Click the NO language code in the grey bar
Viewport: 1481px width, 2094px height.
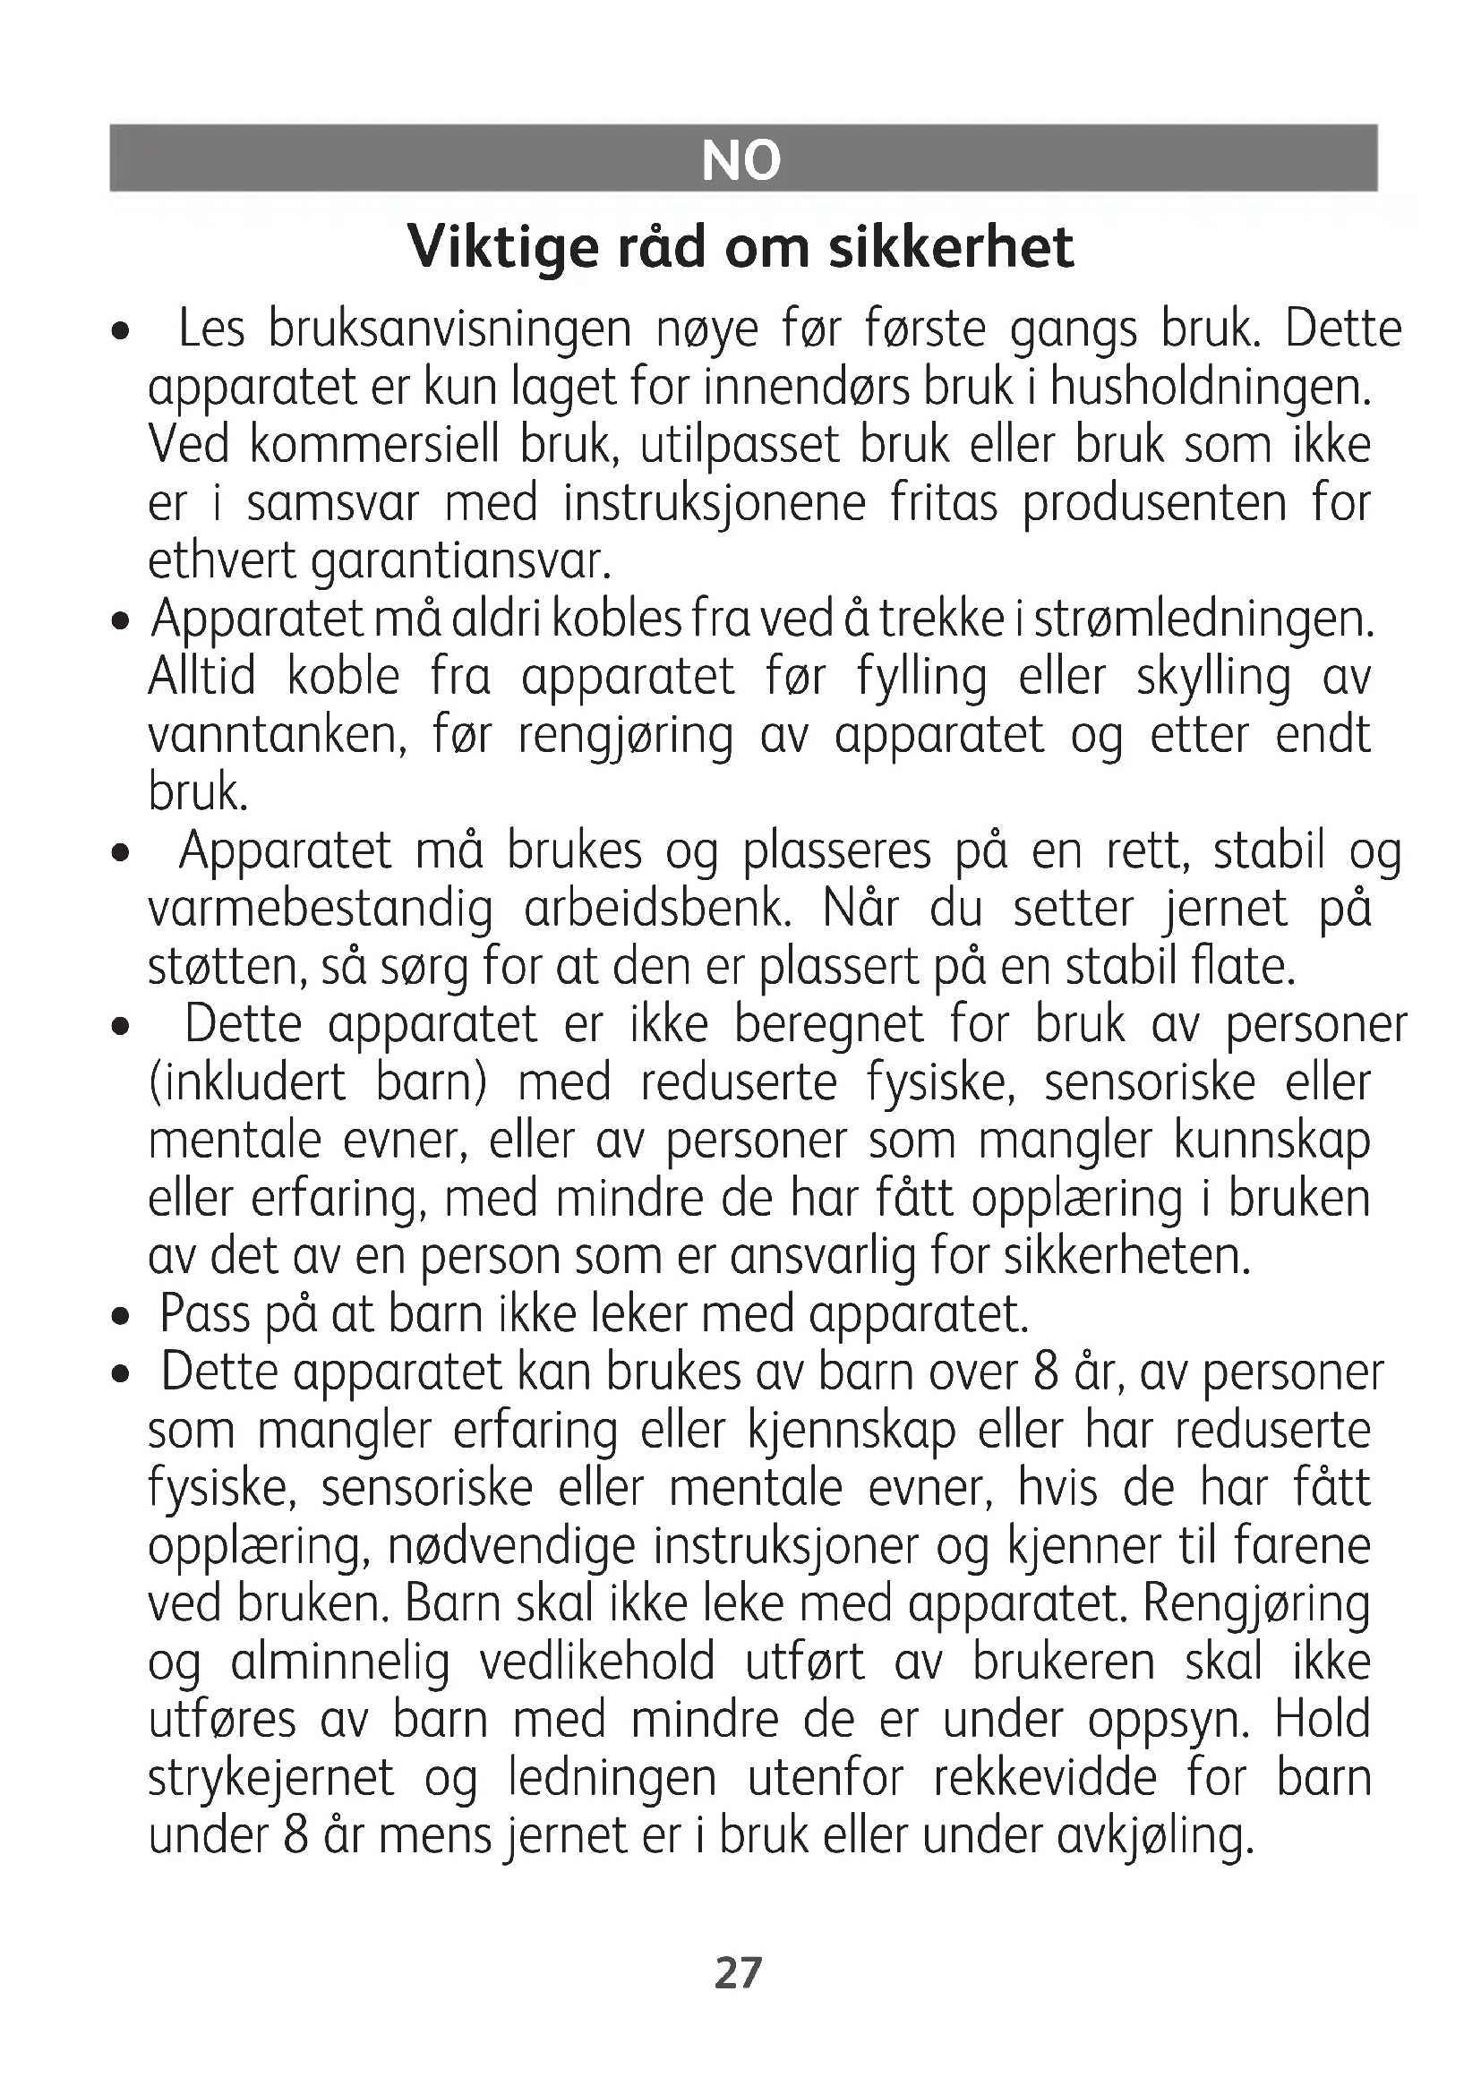coord(741,160)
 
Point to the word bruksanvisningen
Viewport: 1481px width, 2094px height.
coord(449,330)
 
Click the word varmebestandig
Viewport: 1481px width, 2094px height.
coord(320,910)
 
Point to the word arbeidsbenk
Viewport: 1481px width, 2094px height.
coord(658,910)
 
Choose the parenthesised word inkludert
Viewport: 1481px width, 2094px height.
coord(247,1083)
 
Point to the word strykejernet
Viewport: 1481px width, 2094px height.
coord(270,1779)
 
